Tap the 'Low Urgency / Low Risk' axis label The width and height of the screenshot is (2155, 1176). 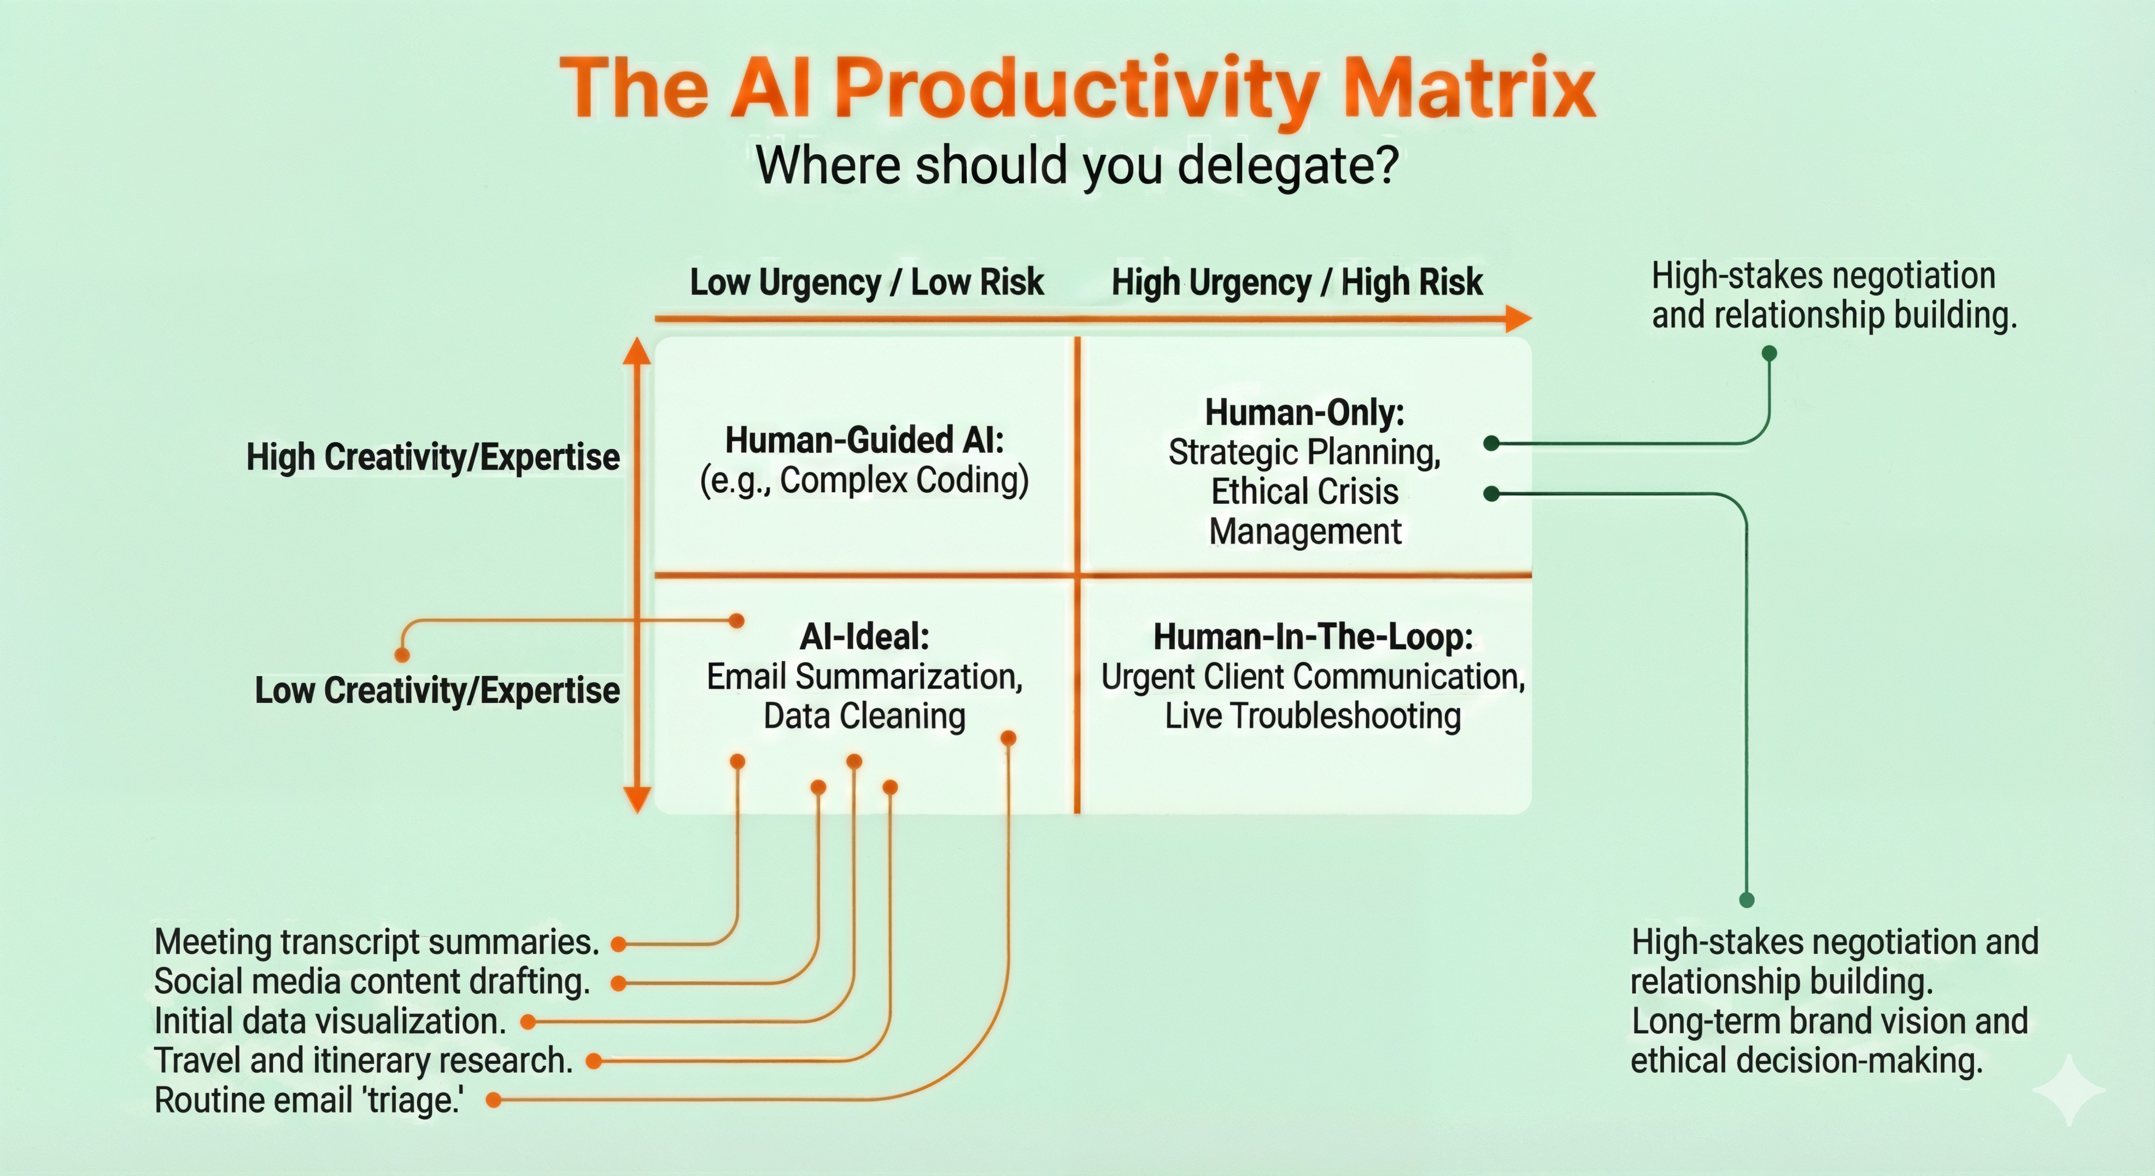866,282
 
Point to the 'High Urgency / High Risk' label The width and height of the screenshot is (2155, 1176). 1297,282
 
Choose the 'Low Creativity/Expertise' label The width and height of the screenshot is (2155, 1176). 437,690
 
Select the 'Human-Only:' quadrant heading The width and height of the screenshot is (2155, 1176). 1304,412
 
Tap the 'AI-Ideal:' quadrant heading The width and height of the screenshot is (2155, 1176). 864,637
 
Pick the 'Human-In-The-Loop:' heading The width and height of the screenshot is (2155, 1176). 1313,637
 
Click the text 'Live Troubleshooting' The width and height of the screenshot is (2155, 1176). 1313,717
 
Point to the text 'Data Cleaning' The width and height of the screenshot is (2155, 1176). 864,717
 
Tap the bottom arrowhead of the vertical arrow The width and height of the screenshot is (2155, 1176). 637,799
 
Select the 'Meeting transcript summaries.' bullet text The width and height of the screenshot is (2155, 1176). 377,942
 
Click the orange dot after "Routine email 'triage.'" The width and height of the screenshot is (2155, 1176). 494,1100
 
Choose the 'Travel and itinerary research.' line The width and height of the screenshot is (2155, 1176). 363,1061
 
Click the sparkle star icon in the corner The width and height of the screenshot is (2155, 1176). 2068,1090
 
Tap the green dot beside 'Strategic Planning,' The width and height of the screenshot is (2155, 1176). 1491,443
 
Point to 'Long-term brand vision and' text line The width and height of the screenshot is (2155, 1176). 1830,1021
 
